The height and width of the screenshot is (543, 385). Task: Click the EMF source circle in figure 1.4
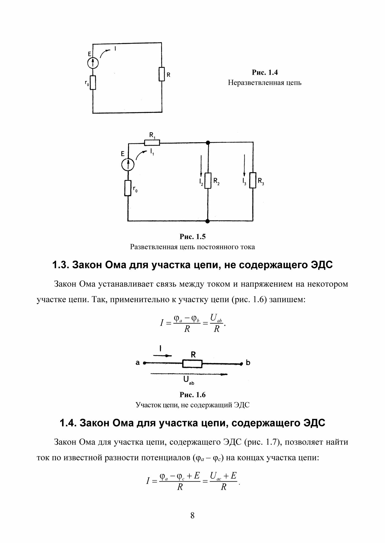[93, 63]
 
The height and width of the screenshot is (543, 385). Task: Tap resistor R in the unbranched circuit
[162, 74]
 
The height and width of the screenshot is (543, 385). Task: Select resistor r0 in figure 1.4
[93, 83]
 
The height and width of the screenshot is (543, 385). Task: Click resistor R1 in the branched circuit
[152, 142]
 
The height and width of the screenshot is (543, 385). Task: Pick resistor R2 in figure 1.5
[208, 180]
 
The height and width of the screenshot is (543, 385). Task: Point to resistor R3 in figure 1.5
[253, 180]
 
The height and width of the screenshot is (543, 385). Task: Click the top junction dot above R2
[208, 142]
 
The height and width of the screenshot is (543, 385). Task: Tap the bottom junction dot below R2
[208, 221]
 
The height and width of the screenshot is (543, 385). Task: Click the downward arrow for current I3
[244, 166]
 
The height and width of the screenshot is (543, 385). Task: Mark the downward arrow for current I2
[201, 166]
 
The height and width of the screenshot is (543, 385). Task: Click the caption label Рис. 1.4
[265, 72]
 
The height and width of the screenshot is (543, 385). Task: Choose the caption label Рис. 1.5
[192, 237]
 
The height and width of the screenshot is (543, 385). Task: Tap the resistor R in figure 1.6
[192, 364]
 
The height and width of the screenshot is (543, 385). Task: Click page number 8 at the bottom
[192, 516]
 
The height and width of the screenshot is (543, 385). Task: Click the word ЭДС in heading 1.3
[321, 265]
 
